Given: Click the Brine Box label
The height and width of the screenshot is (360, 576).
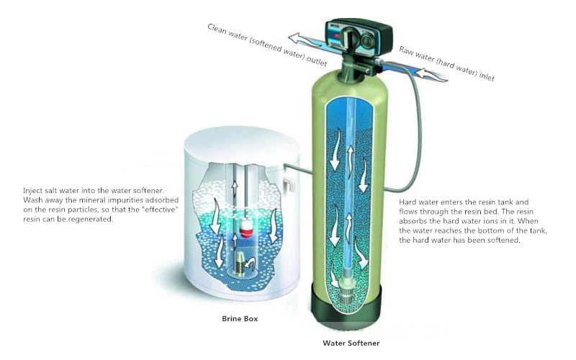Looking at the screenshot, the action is pos(240,318).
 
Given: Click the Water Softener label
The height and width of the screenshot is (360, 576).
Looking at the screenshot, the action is pos(351,343).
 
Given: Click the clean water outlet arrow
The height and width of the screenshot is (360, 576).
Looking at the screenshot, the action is pos(305,40).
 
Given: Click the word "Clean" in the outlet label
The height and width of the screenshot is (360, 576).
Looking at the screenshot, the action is pos(217,29).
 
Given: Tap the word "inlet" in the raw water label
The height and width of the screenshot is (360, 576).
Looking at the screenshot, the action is pos(487,76).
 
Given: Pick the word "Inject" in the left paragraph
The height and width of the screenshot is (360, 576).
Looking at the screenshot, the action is pos(32,191).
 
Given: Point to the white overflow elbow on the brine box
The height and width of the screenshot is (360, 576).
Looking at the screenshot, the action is pos(289,184).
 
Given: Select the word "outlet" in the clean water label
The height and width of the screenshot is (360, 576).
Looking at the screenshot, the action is pos(316,61).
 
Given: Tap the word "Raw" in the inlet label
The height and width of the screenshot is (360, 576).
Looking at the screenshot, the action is pos(406,50).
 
